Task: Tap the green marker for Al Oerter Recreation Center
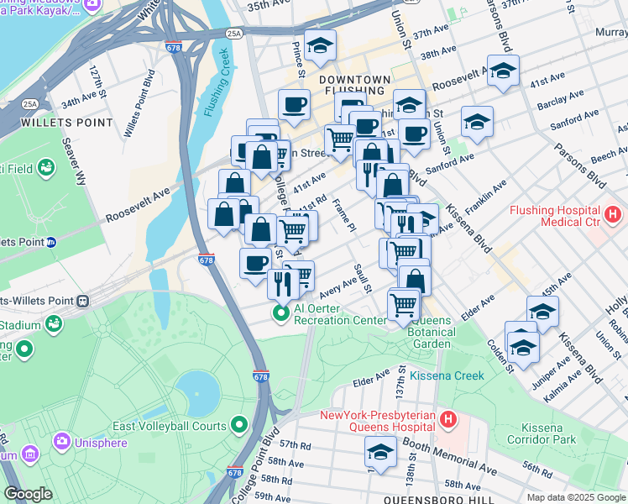pyautogui.click(x=280, y=314)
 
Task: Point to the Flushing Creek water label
pyautogui.click(x=216, y=84)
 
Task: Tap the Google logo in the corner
pyautogui.click(x=28, y=494)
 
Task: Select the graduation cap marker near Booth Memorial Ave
pyautogui.click(x=380, y=452)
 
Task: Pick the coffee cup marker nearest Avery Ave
pyautogui.click(x=255, y=263)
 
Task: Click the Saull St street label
pyautogui.click(x=363, y=277)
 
